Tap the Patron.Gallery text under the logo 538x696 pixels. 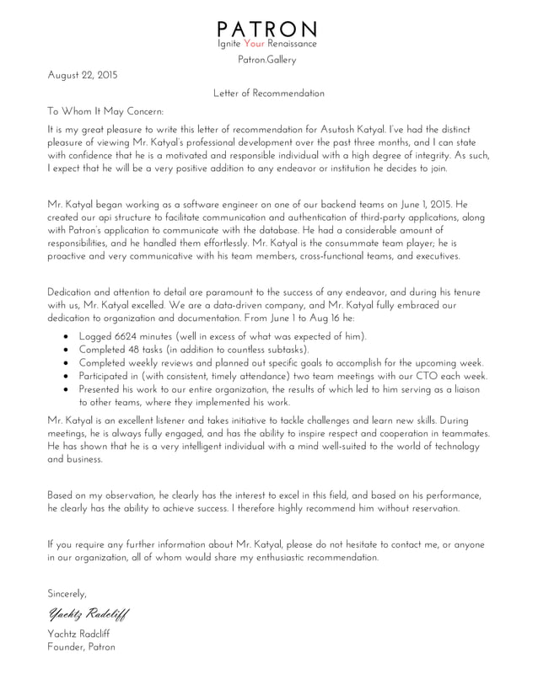click(267, 60)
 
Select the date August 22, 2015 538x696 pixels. click(83, 75)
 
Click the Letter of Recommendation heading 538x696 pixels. click(268, 93)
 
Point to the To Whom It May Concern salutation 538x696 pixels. click(105, 111)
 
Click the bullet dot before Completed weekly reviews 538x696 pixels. click(67, 363)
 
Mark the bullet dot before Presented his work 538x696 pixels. click(67, 390)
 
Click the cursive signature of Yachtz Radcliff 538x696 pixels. click(89, 613)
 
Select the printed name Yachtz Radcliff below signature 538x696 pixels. click(78, 634)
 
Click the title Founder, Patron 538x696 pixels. click(81, 647)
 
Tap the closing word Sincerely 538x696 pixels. click(67, 593)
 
